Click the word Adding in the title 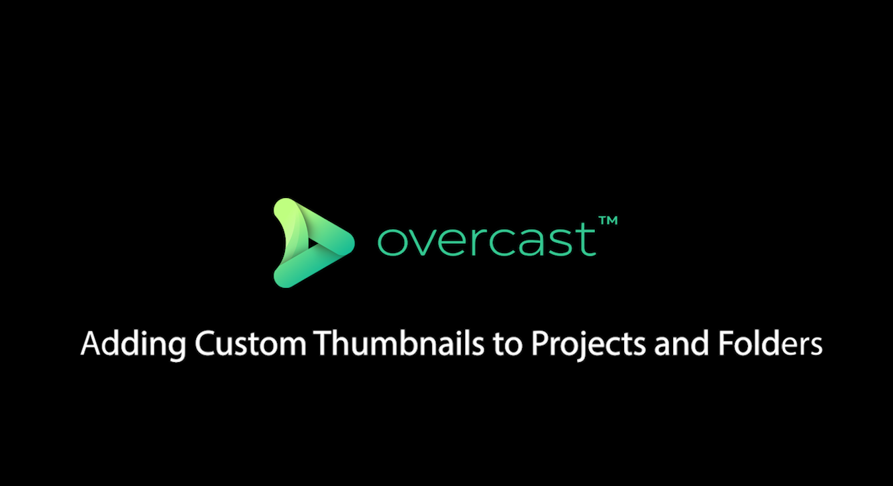pos(133,344)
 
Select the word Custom pos(250,344)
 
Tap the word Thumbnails pos(398,342)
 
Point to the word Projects pos(588,344)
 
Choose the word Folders pos(770,342)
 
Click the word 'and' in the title pos(681,342)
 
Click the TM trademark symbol pos(608,220)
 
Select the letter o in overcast pos(392,242)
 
